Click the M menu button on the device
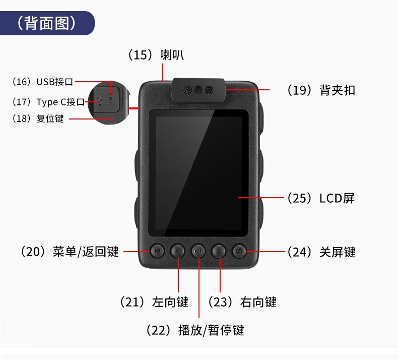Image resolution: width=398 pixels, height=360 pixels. pyautogui.click(x=157, y=251)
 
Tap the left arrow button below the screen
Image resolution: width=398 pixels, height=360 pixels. pyautogui.click(x=178, y=251)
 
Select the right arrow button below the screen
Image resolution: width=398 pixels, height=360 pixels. pyautogui.click(x=219, y=251)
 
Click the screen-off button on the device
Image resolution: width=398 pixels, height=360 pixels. pyautogui.click(x=239, y=251)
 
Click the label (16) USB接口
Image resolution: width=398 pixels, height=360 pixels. pyautogui.click(x=43, y=82)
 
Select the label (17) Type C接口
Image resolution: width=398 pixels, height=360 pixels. pyautogui.click(x=48, y=102)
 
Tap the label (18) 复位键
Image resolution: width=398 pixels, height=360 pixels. pyautogui.click(x=38, y=118)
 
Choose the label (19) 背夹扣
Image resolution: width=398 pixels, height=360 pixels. pyautogui.click(x=321, y=90)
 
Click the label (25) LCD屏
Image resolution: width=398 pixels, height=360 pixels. pyautogui.click(x=321, y=198)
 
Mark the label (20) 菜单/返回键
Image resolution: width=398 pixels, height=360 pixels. pyautogui.click(x=70, y=252)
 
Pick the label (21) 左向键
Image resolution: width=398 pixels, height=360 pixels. pyautogui.click(x=154, y=302)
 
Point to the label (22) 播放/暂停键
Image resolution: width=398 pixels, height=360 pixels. pyautogui.click(x=195, y=330)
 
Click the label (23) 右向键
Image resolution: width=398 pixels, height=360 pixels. pyautogui.click(x=242, y=302)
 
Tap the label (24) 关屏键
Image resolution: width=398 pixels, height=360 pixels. pyautogui.click(x=321, y=252)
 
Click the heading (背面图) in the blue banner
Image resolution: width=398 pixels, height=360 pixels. pyautogui.click(x=46, y=23)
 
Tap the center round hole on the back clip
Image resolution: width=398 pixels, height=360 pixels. pyautogui.click(x=198, y=90)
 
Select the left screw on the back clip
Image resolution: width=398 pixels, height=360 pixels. pyautogui.click(x=187, y=90)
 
